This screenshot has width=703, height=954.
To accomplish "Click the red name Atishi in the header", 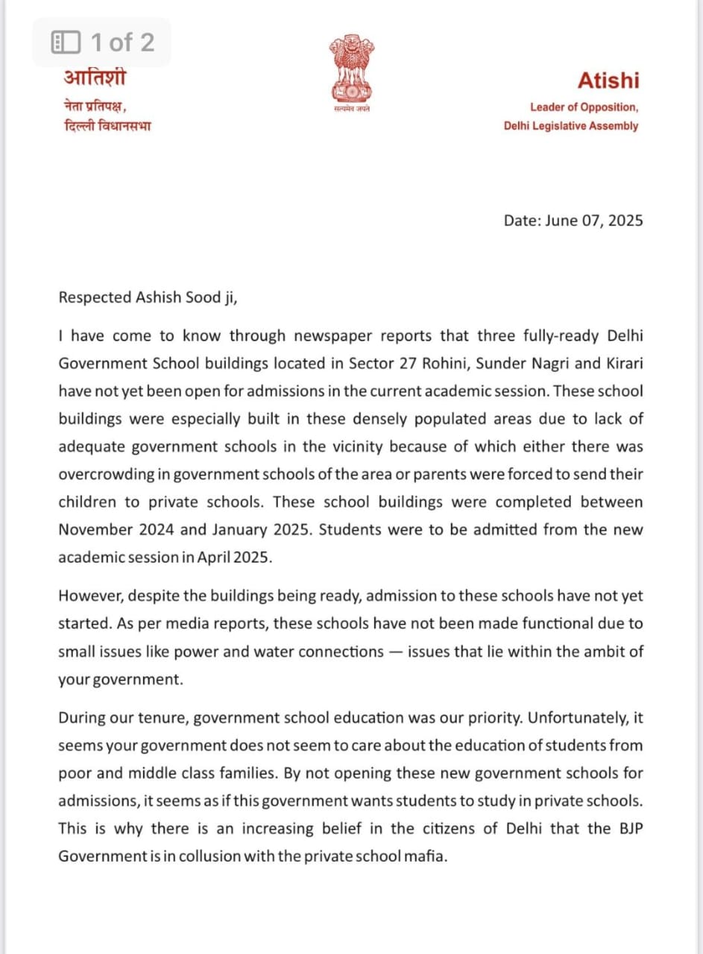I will tap(608, 80).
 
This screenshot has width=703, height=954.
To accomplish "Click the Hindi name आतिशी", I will tap(95, 78).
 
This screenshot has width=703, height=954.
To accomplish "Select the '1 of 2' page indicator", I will tap(103, 42).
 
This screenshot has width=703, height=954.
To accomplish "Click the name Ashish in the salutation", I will tap(159, 297).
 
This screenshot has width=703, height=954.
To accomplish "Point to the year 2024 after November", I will tap(154, 530).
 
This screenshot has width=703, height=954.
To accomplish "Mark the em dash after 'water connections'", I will tap(397, 651).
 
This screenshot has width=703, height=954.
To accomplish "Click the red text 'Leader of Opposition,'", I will tap(584, 107).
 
